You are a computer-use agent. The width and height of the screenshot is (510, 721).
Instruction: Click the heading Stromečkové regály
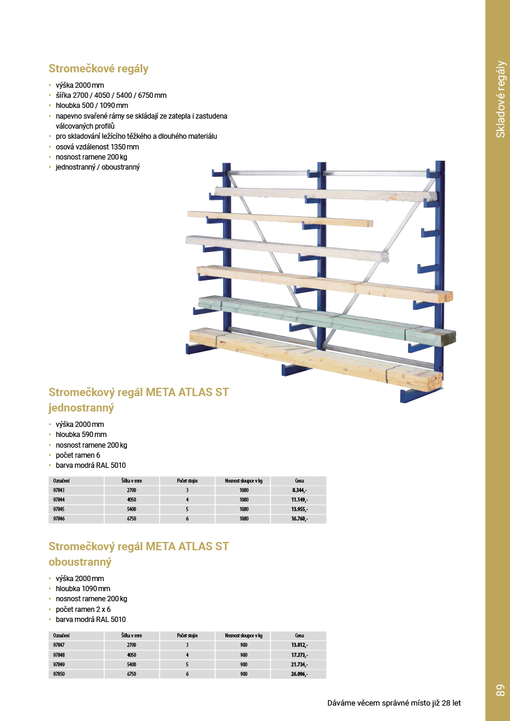98,69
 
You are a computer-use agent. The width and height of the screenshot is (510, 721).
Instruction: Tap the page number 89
499,690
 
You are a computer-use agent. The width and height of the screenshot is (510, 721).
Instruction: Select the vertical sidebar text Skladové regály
501,99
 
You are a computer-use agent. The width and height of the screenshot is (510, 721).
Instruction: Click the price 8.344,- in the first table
299,490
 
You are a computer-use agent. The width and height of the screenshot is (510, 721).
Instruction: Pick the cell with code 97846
59,519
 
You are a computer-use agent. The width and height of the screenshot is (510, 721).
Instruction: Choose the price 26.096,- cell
299,674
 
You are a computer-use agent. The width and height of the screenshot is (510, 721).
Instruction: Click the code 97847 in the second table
59,645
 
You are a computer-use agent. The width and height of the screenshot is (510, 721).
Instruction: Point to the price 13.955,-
299,509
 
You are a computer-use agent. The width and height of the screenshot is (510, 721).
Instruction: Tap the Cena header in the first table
299,481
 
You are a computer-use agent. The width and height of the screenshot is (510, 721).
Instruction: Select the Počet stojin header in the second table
187,636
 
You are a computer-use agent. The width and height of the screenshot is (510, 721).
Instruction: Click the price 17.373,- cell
299,655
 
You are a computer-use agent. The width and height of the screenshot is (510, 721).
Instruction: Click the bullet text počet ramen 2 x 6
83,610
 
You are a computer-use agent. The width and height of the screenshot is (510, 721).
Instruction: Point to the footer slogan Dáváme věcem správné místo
394,703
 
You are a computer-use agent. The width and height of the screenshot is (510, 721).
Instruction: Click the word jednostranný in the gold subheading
81,408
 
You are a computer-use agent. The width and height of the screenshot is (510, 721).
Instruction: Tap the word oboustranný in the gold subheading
80,562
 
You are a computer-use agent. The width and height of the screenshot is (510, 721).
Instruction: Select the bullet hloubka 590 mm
81,435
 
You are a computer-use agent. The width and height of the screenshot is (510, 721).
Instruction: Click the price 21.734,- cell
299,665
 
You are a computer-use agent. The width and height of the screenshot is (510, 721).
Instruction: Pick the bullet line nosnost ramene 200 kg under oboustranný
91,599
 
